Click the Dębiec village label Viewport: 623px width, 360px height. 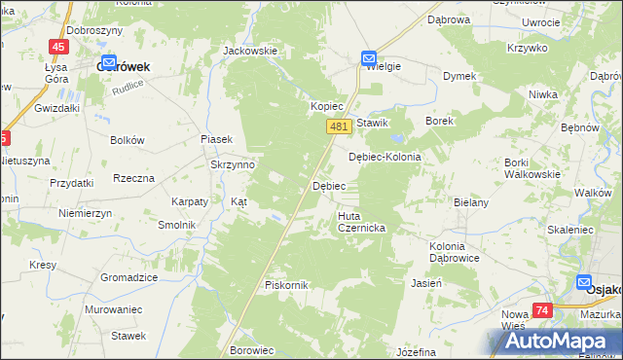(328, 185)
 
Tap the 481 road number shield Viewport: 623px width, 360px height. (338, 126)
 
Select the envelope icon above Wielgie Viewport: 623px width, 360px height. (369, 58)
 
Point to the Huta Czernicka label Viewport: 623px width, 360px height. (362, 221)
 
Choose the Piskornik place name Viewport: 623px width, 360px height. (286, 285)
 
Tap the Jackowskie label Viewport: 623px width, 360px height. (250, 51)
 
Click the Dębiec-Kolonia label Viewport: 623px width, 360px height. (385, 157)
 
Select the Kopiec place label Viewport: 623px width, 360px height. (327, 105)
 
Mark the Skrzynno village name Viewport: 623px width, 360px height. (233, 164)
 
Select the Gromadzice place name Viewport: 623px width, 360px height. (128, 277)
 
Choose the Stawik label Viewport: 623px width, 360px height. (372, 123)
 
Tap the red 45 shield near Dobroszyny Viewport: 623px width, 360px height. (59, 47)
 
